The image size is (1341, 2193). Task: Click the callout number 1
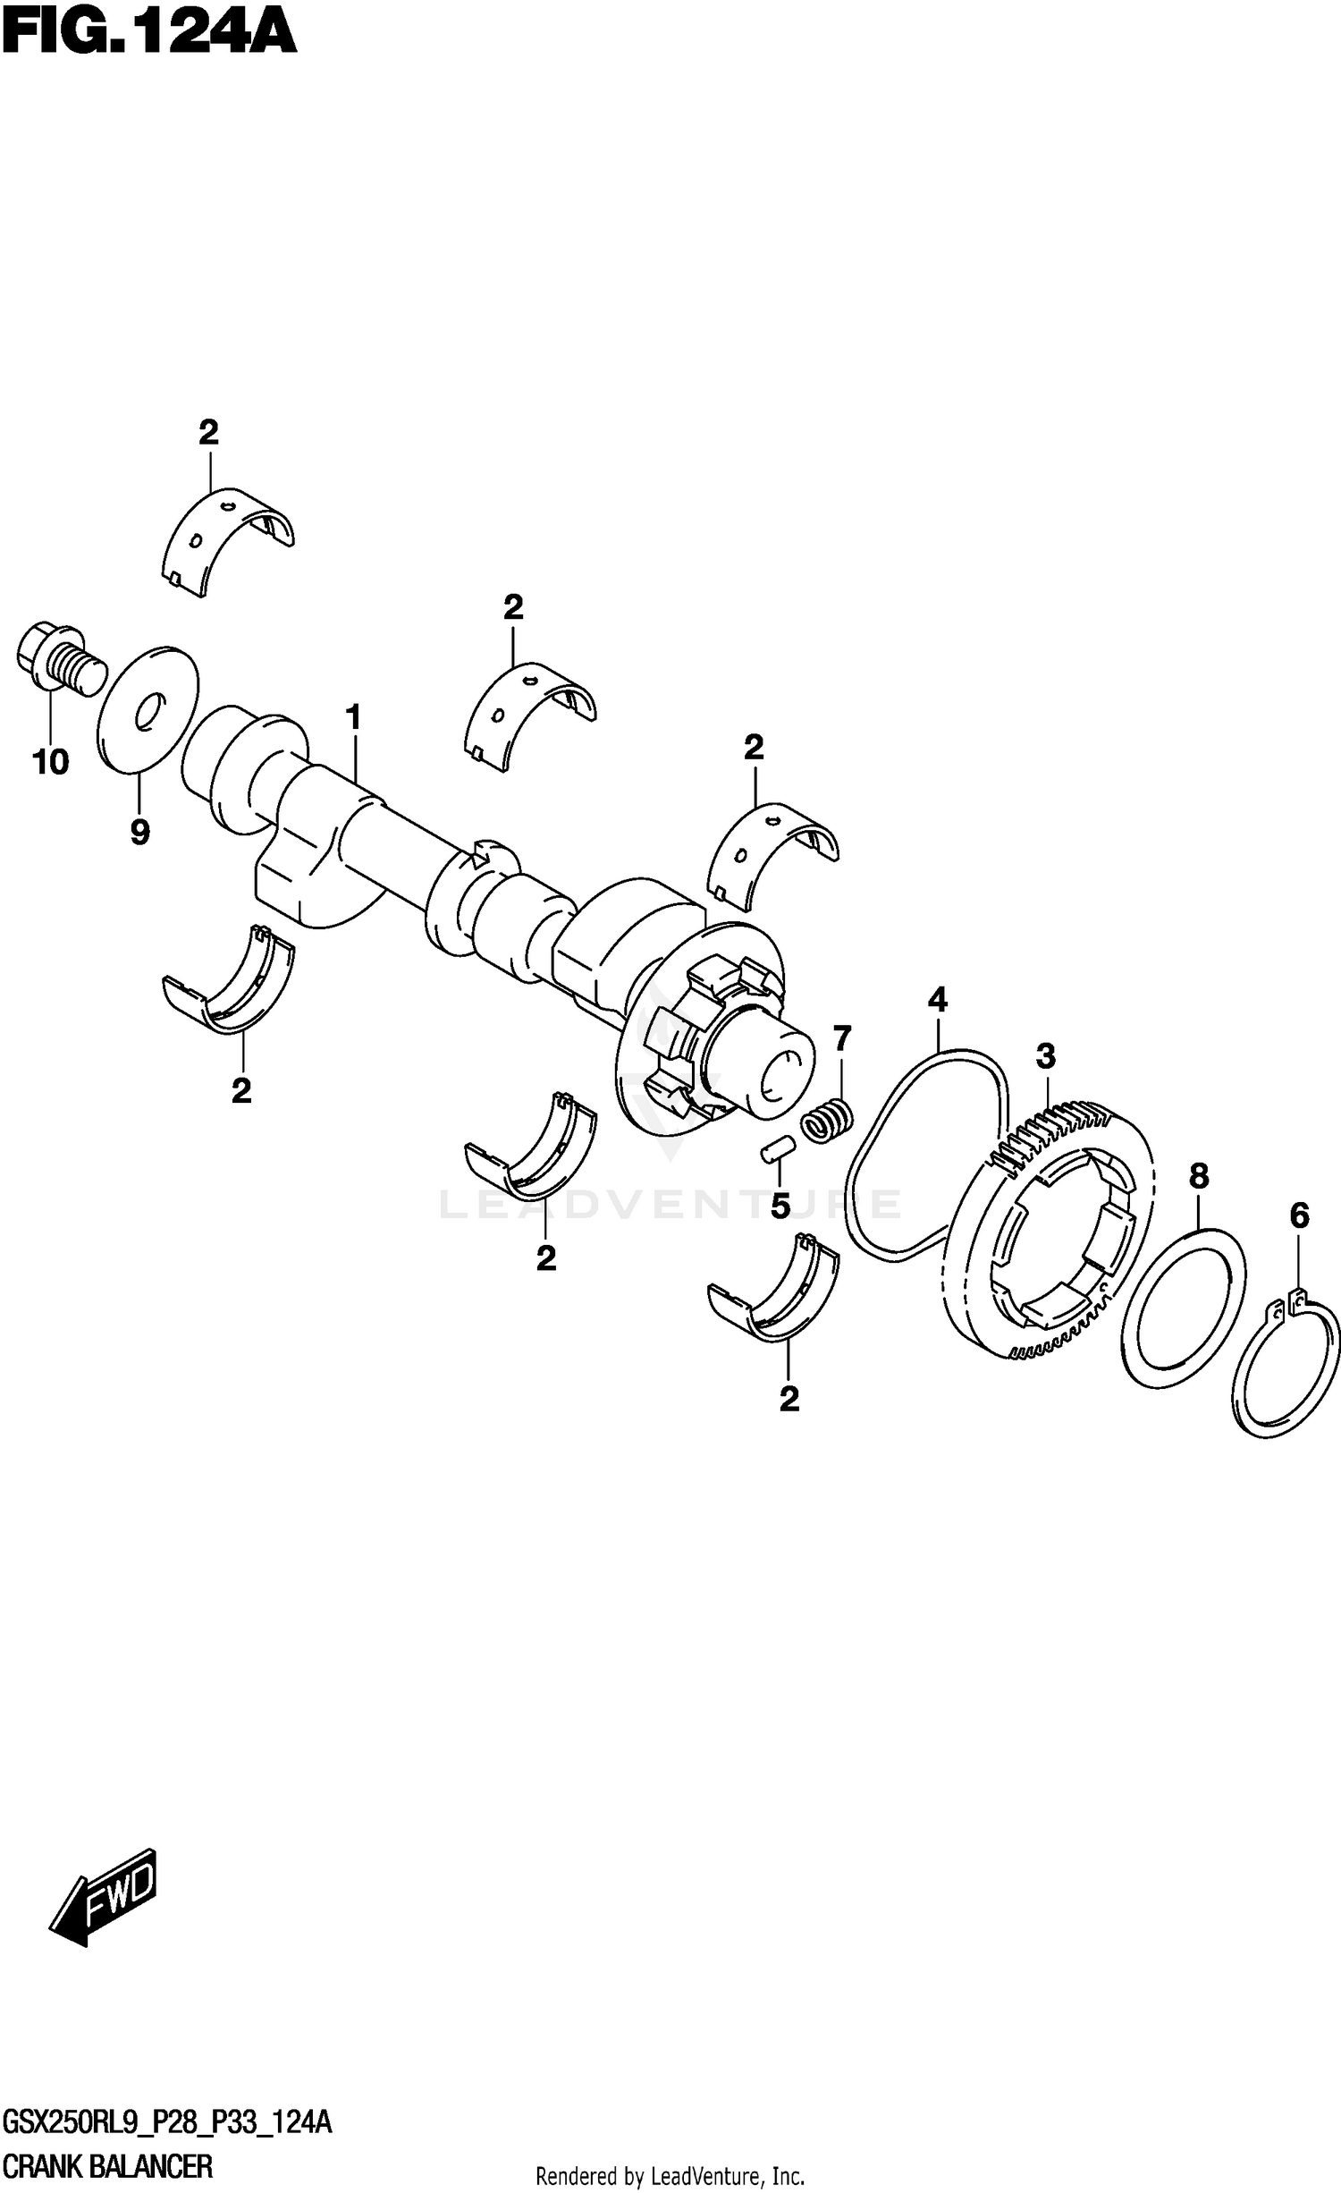(x=353, y=718)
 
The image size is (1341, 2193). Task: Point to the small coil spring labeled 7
(x=826, y=1119)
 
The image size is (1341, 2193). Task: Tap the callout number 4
(x=937, y=998)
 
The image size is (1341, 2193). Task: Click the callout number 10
(x=50, y=762)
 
